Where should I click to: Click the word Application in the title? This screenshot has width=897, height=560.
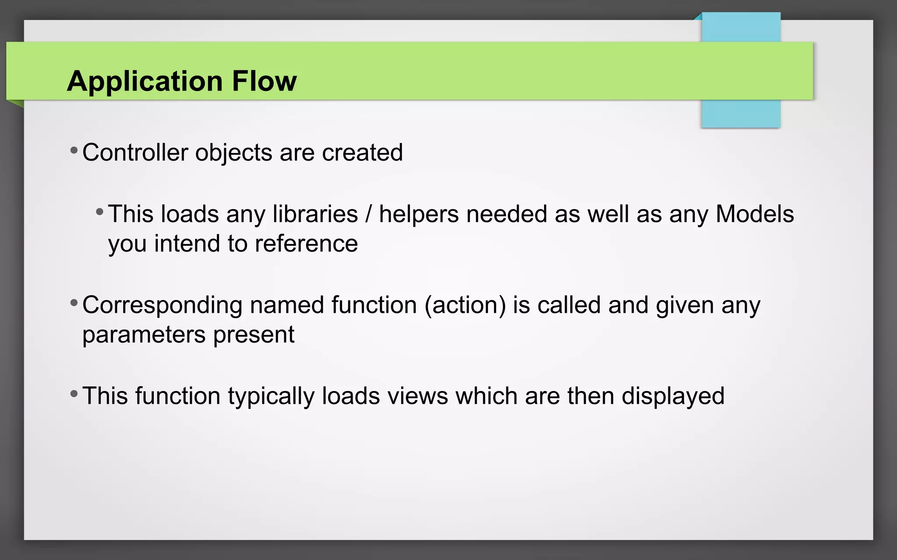pyautogui.click(x=145, y=81)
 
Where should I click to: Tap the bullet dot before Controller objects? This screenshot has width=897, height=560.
pyautogui.click(x=74, y=151)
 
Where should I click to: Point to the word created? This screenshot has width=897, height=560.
pyautogui.click(x=362, y=153)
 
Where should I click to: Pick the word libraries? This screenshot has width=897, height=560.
pyautogui.click(x=315, y=214)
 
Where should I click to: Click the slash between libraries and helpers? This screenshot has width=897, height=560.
pyautogui.click(x=368, y=214)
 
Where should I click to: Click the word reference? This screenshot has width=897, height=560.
pyautogui.click(x=306, y=244)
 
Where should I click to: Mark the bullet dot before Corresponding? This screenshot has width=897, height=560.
pyautogui.click(x=74, y=303)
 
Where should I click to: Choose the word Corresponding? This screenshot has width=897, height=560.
pyautogui.click(x=162, y=305)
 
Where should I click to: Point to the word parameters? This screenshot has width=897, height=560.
pyautogui.click(x=144, y=335)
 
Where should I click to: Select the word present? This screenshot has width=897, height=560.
pyautogui.click(x=254, y=335)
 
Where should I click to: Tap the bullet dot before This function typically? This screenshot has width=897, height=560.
pyautogui.click(x=74, y=394)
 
